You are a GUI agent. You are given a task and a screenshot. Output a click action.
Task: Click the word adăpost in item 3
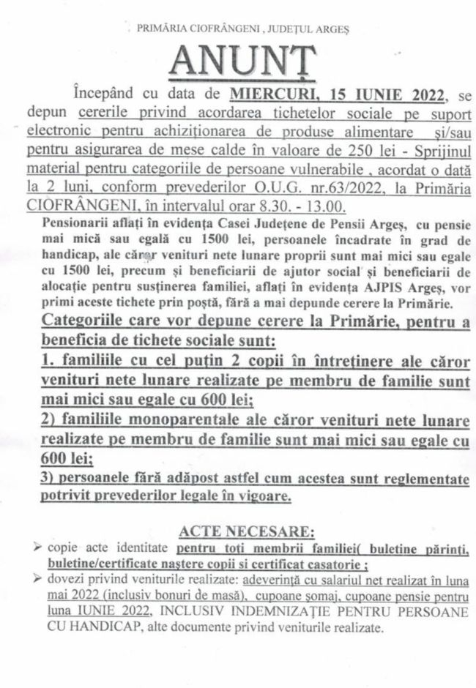(x=194, y=479)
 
